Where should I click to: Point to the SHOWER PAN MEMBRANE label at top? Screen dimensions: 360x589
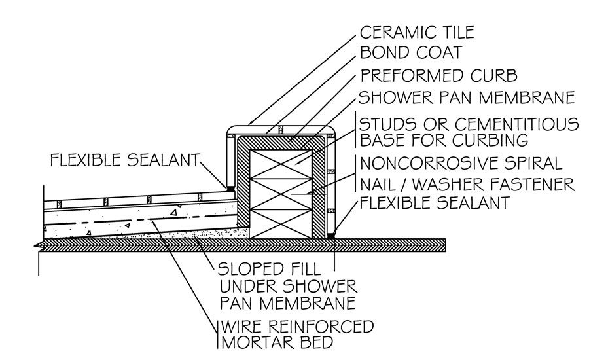click(466, 98)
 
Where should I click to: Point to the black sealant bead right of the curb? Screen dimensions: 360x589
click(331, 234)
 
